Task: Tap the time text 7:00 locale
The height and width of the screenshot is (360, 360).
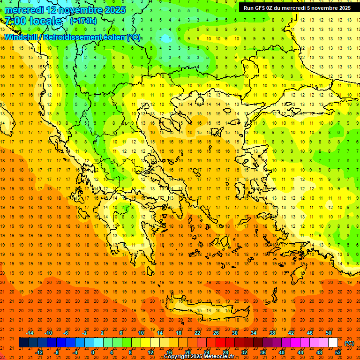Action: pos(33,21)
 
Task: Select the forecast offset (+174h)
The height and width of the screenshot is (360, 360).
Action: pos(83,21)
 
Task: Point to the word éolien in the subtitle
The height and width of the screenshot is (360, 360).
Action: pos(111,37)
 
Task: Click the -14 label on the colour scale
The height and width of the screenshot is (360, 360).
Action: pos(30,333)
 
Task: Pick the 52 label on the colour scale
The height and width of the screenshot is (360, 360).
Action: pos(338,352)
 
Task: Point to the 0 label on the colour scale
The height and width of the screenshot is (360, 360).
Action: pos(92,352)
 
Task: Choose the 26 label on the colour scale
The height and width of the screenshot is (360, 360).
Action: pos(216,333)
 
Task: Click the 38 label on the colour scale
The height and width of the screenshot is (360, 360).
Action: pos(272,333)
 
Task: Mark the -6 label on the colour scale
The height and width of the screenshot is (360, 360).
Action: pos(67,333)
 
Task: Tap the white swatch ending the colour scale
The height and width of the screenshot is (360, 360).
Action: pos(333,343)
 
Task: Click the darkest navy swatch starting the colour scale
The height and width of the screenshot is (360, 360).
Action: pos(23,343)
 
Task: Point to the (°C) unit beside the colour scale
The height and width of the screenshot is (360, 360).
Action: pos(349,343)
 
